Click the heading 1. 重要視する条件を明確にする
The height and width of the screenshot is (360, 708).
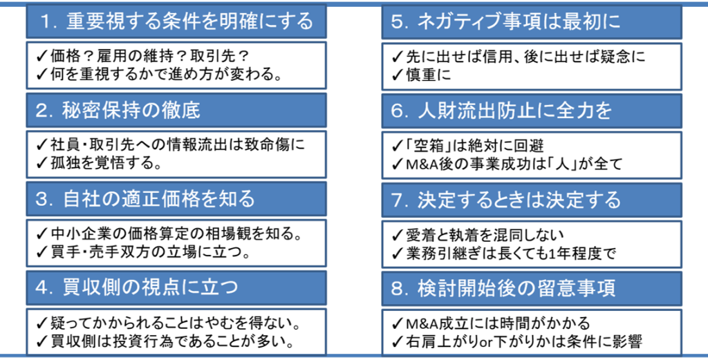tap(176, 21)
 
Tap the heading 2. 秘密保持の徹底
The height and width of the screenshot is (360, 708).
tap(118, 111)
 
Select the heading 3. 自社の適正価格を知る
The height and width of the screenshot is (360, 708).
tap(145, 199)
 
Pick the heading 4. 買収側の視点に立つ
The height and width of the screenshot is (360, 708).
tap(136, 287)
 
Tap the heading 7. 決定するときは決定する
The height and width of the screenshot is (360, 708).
tap(505, 200)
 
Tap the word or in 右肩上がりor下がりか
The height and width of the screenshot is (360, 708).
tap(488, 343)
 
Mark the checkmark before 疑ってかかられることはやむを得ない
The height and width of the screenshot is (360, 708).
tap(42, 323)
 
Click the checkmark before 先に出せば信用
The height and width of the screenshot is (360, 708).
tap(398, 57)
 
